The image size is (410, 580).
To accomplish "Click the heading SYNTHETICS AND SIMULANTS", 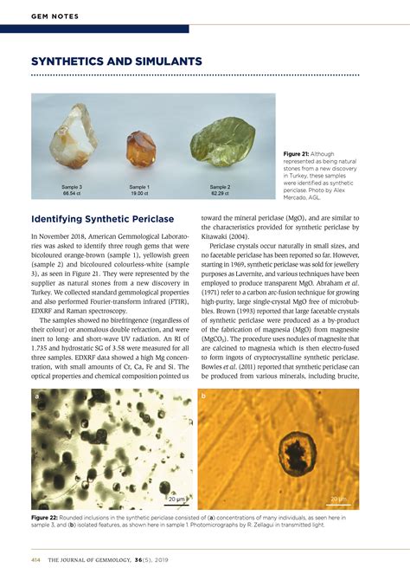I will coord(117,61).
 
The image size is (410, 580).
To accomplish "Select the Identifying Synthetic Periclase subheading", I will coord(102,218).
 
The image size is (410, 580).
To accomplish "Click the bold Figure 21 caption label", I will coord(298,154).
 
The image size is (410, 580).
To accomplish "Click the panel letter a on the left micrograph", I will coord(37,396).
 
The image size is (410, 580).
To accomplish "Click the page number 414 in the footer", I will coord(36,560).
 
